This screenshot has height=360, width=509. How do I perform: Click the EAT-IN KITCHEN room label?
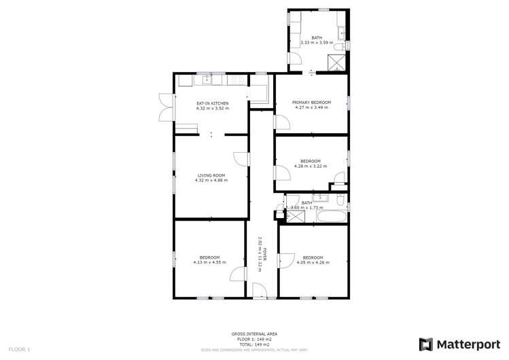212,103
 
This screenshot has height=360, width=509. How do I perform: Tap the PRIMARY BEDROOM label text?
311,103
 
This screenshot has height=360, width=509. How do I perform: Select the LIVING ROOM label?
211,175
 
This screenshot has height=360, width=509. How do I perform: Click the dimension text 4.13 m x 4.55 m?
209,262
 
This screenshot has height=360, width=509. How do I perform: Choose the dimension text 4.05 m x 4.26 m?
313,262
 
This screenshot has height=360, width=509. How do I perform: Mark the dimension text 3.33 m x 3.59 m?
317,42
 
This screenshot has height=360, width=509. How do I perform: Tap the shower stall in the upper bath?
336,62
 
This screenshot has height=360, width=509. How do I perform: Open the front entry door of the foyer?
259,291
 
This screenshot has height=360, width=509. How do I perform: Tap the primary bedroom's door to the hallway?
279,122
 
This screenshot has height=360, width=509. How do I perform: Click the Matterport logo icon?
425,344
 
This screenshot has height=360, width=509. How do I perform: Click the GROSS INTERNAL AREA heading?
254,334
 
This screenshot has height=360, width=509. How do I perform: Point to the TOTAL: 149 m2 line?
254,344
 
